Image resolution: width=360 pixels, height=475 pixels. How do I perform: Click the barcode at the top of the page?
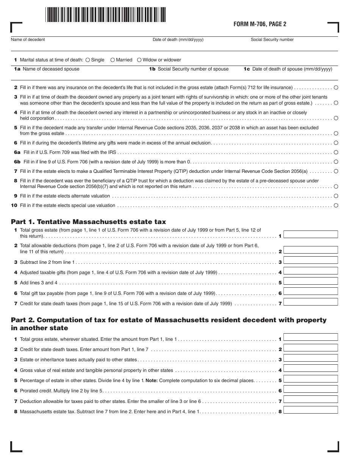(105, 15)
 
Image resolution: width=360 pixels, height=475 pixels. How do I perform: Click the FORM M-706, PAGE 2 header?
(260, 24)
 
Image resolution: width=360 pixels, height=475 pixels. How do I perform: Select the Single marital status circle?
(88, 60)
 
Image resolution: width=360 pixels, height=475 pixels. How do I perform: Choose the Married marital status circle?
(113, 60)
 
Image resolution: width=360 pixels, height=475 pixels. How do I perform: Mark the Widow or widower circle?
(139, 60)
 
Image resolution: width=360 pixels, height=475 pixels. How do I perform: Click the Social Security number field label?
(272, 40)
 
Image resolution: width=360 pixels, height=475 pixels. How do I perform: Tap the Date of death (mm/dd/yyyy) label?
(178, 40)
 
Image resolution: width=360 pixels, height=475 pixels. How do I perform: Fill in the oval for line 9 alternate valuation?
(336, 196)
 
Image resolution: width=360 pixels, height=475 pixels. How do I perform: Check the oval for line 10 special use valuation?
(336, 205)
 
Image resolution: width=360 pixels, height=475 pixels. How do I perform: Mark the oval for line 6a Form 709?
(336, 152)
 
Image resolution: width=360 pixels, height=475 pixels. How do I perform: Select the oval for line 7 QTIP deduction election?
(336, 171)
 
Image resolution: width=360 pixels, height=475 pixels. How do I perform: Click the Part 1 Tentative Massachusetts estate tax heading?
(88, 222)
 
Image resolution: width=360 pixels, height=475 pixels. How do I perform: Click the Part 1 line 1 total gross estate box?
(310, 234)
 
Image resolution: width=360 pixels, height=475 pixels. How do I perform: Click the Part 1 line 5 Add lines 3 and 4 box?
(310, 281)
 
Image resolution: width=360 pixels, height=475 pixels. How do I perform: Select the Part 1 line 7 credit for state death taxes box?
(310, 302)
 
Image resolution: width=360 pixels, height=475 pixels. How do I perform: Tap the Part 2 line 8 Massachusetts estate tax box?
(310, 410)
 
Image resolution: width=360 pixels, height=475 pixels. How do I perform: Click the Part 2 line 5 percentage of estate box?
(310, 379)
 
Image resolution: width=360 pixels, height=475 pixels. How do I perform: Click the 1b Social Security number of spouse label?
(189, 69)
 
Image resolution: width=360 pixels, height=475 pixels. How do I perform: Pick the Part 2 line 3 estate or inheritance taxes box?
(310, 358)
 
